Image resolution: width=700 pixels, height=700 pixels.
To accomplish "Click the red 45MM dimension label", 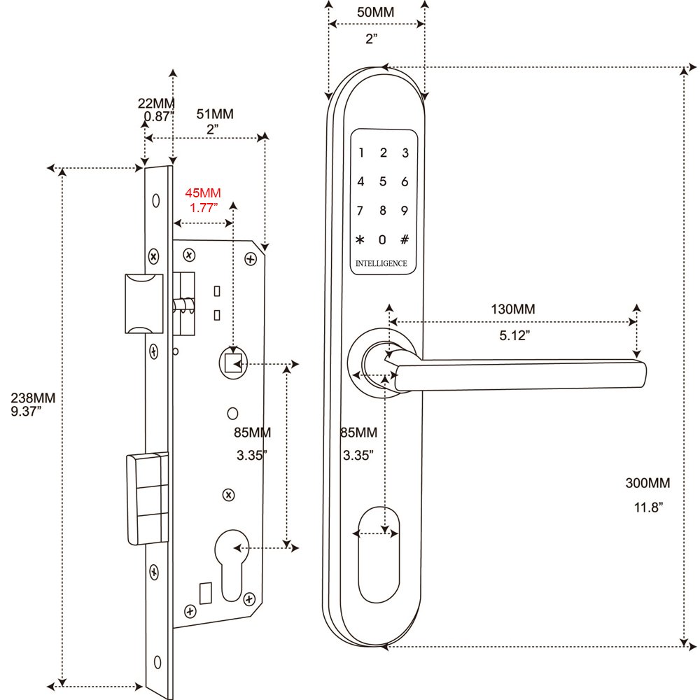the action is (x=203, y=193).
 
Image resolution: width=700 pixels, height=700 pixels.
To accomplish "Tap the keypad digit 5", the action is (x=383, y=182).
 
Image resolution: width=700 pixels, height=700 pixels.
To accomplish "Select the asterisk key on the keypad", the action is (x=360, y=239).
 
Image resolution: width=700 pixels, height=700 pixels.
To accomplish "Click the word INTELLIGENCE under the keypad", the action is (x=381, y=263).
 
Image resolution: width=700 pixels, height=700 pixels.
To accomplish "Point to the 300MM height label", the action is (x=647, y=483).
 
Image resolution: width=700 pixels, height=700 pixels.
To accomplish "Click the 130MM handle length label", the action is (x=513, y=309).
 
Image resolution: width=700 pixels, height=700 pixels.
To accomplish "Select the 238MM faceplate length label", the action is (x=33, y=398).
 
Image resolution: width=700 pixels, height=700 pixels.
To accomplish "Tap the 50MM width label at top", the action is (x=375, y=12).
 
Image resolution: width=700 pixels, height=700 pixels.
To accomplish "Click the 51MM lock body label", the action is (x=215, y=114).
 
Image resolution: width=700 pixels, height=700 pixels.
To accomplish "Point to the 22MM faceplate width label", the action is (x=156, y=103).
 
